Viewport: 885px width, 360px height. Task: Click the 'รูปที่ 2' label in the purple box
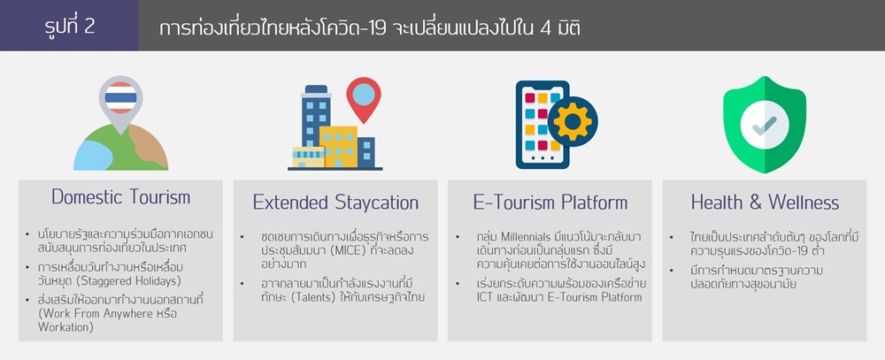[69, 26]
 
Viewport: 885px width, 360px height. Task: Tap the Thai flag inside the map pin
[120, 97]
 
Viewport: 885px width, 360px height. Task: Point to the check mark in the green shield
[765, 126]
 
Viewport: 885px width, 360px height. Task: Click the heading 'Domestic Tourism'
[120, 197]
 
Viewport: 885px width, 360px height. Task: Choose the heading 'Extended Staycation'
[335, 202]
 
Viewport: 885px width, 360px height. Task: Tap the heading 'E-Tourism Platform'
[550, 202]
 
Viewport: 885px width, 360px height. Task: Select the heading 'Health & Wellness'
[765, 202]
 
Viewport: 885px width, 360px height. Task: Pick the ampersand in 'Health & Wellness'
[756, 203]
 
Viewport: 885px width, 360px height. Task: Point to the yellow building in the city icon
[339, 146]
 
